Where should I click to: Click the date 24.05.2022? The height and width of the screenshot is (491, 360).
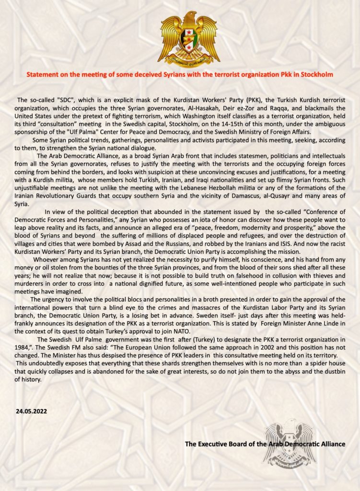pos(32,411)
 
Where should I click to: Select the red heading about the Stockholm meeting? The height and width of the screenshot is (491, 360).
pos(179,75)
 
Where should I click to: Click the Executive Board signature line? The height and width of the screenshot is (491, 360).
pos(265,444)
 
